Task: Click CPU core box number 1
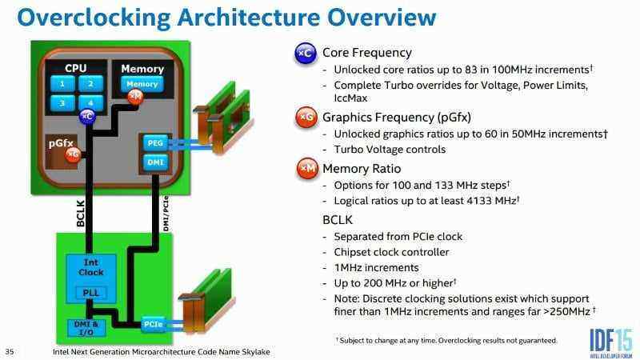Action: coord(60,84)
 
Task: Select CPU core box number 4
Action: coord(91,103)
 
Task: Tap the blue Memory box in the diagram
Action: coord(142,84)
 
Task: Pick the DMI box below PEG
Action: coord(155,162)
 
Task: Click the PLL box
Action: coord(91,293)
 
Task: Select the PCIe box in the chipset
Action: coord(154,325)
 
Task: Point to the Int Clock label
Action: coord(91,267)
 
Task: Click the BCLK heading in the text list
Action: coord(339,219)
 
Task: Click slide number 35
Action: coord(10,350)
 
